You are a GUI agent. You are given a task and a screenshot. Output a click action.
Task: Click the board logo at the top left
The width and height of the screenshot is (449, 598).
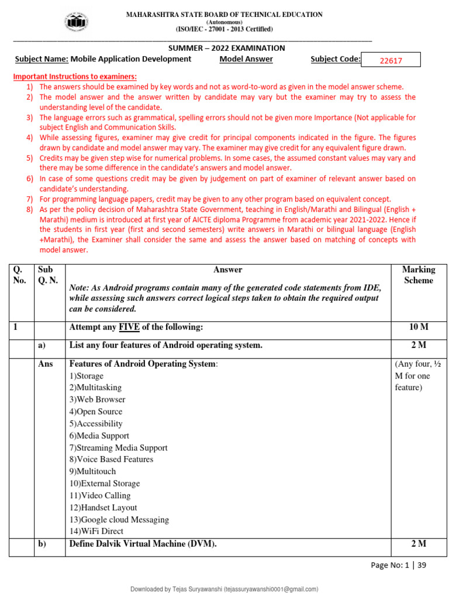click(x=77, y=22)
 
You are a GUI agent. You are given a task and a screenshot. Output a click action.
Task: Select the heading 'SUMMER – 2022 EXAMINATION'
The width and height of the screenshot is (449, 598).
click(x=227, y=48)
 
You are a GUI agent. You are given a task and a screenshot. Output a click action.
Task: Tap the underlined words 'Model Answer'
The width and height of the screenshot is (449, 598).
click(x=246, y=59)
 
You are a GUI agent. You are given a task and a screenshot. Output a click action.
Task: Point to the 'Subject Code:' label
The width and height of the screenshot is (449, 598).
click(x=335, y=59)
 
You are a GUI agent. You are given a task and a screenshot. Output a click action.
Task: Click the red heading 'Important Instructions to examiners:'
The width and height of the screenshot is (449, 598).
click(x=75, y=77)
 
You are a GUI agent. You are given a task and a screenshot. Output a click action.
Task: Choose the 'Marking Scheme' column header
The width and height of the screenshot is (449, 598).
click(x=418, y=275)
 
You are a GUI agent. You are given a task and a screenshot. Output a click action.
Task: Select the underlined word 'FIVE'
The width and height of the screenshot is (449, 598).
click(x=129, y=327)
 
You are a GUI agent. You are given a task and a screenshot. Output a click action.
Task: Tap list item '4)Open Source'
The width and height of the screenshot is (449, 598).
click(x=97, y=412)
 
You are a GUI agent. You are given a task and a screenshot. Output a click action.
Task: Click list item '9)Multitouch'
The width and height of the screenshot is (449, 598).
click(x=92, y=471)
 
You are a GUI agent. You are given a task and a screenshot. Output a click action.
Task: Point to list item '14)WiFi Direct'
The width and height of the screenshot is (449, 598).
click(x=96, y=531)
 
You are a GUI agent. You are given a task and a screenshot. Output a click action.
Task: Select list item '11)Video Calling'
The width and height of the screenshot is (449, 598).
click(x=100, y=495)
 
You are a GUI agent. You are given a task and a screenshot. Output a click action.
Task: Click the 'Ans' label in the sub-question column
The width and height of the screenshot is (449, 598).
click(x=45, y=364)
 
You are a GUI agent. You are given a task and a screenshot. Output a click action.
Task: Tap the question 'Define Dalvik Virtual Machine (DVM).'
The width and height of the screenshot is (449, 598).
click(x=143, y=544)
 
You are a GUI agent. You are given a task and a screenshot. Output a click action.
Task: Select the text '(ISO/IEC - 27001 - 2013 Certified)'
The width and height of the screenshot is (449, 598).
click(x=224, y=29)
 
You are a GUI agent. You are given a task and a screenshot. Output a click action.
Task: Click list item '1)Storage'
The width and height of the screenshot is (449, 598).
click(x=87, y=376)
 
